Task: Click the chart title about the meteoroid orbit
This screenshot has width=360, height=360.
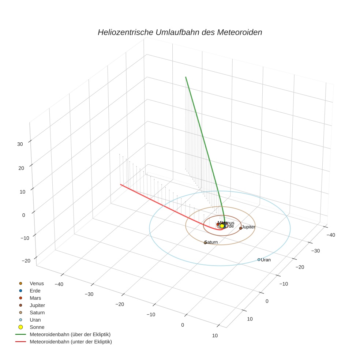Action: click(x=180, y=32)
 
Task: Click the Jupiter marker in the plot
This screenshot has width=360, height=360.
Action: click(x=240, y=228)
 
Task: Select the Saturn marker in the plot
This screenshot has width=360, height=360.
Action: click(x=205, y=243)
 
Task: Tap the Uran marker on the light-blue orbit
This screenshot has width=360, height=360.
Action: click(x=259, y=260)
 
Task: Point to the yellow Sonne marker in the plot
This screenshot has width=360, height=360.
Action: click(x=222, y=226)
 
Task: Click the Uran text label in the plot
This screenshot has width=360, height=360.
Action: click(x=266, y=260)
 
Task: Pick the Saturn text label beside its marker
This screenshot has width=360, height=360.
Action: click(x=212, y=242)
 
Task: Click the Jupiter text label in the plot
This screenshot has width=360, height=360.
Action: click(x=249, y=227)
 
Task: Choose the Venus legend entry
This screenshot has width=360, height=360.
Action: click(x=37, y=284)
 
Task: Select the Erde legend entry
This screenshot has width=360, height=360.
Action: click(x=35, y=291)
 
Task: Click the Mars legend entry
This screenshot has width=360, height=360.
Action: click(x=35, y=298)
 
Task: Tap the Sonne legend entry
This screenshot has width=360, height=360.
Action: click(x=37, y=327)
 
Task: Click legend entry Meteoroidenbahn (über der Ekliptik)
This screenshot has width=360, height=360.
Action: click(x=70, y=334)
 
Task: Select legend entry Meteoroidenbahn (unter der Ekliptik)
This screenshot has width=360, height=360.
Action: click(x=71, y=342)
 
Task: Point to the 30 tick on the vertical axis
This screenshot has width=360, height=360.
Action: click(x=20, y=144)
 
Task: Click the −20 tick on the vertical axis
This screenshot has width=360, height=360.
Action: click(x=26, y=260)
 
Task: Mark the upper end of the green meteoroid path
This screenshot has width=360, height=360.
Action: click(x=186, y=77)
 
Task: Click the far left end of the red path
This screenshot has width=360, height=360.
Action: click(x=121, y=184)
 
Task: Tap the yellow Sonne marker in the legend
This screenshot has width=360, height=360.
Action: click(x=20, y=327)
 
